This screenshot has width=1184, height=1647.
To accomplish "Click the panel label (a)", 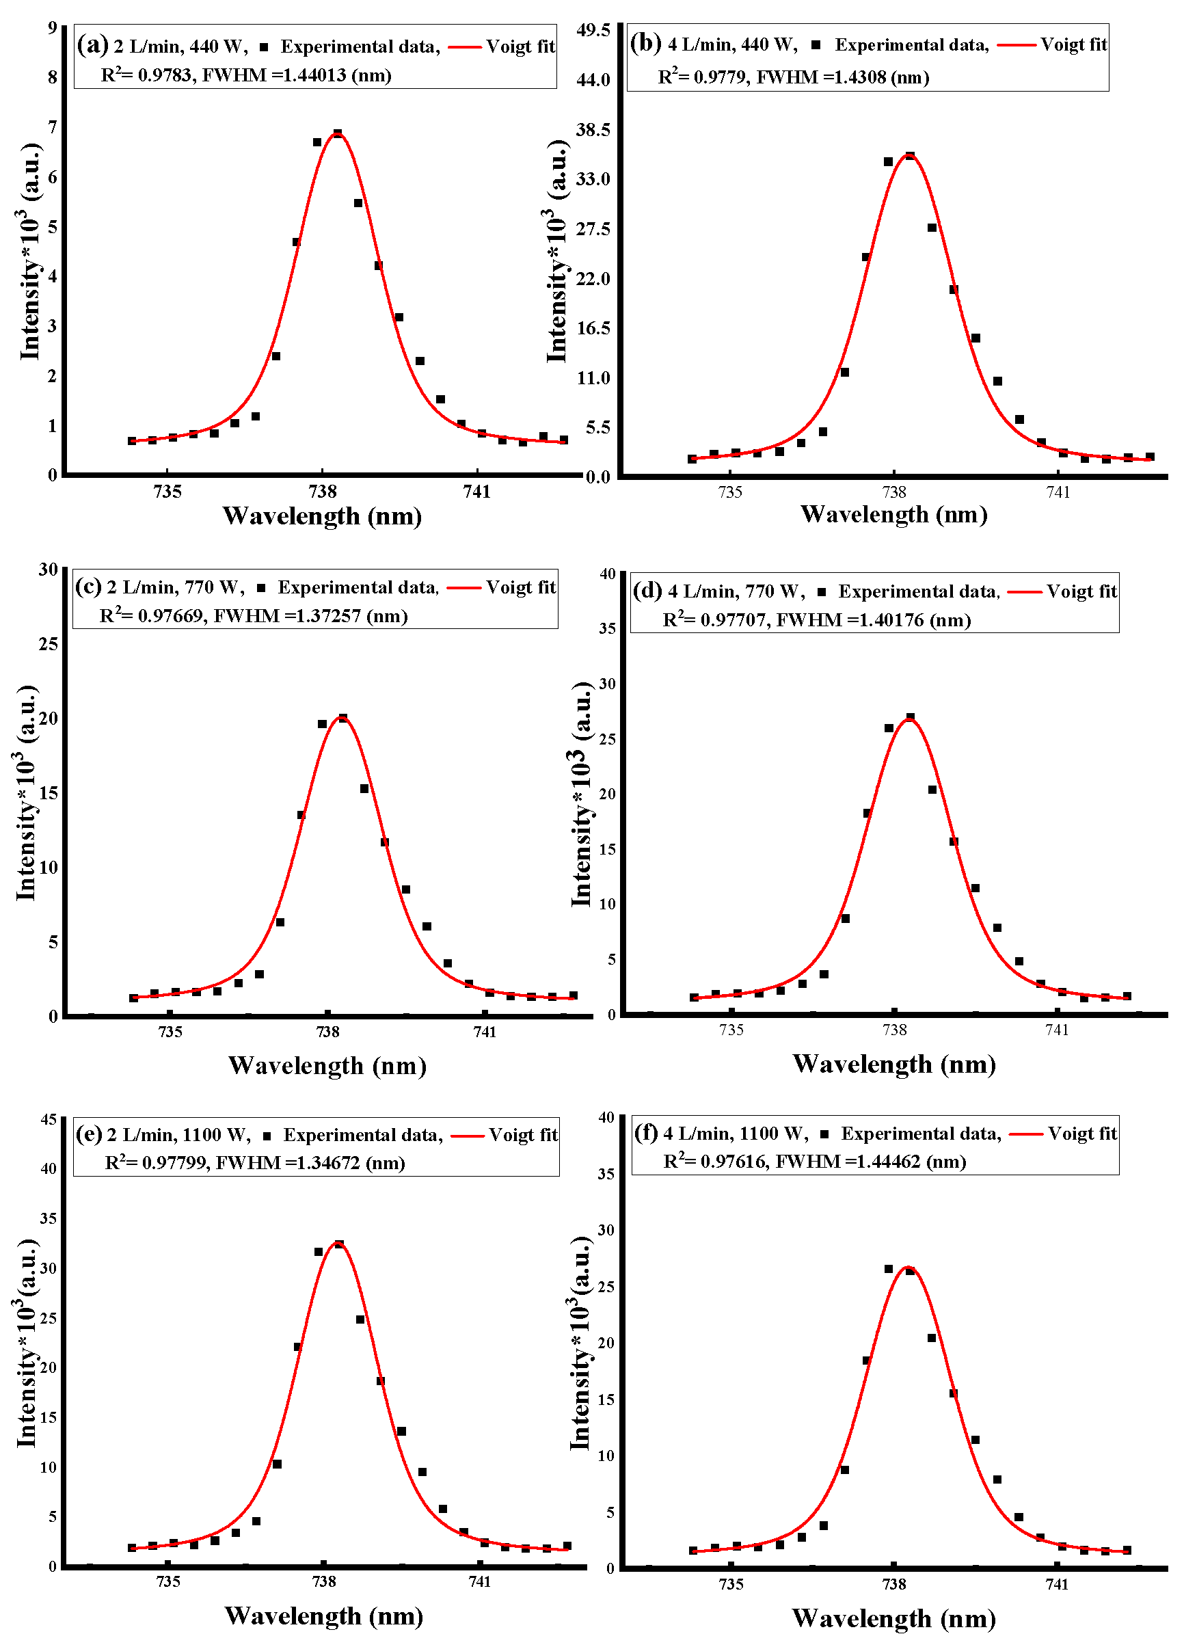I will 92,45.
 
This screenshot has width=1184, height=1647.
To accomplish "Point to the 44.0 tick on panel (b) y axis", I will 593,80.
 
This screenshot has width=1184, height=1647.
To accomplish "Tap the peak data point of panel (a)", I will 338,133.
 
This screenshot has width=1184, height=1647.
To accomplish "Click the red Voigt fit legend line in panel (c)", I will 464,587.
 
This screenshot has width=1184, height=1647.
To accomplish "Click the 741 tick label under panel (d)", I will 1057,1029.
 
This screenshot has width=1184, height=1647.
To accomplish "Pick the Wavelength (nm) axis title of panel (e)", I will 323,1616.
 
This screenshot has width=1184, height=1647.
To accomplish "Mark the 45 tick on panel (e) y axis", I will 48,1119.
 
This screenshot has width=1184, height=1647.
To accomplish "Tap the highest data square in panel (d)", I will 911,717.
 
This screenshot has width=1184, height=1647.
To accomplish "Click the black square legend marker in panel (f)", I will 824,1134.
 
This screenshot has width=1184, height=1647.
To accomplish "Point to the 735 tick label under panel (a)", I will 167,492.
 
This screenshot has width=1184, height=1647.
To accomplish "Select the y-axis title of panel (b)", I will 556,250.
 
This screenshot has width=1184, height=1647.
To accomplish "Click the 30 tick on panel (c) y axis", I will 48,570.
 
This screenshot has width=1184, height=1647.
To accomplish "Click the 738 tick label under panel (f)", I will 893,1584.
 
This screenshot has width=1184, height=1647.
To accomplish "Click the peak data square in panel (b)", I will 910,156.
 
